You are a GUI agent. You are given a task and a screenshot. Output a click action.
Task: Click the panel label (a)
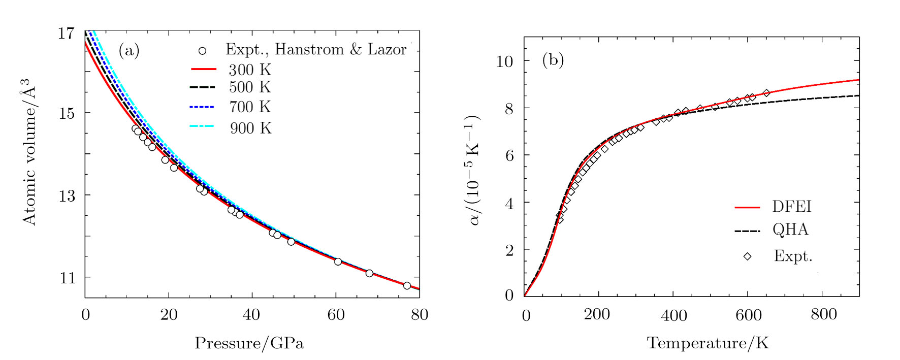click(128, 50)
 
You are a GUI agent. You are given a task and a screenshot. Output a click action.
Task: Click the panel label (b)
click(553, 60)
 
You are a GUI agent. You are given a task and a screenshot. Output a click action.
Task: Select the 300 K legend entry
click(249, 70)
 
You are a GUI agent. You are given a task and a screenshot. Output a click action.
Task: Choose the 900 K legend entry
click(250, 128)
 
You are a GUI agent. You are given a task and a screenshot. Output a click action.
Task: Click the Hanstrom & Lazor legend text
click(316, 49)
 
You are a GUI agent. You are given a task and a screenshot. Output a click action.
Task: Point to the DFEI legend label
click(792, 207)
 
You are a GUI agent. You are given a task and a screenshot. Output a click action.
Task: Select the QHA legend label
click(790, 230)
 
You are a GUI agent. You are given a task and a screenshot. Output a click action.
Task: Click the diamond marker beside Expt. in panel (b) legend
click(747, 256)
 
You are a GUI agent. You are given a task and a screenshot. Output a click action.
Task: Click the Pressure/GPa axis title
click(249, 343)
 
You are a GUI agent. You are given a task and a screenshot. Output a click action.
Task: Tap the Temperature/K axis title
click(708, 343)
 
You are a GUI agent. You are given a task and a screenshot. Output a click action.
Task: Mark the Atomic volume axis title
click(29, 151)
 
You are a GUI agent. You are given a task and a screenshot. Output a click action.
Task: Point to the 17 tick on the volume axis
click(66, 34)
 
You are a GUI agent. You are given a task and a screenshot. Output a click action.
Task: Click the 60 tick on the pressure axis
click(336, 315)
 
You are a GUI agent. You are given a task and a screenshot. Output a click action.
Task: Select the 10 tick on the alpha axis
click(504, 61)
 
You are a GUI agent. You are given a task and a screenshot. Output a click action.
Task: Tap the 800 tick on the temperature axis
click(824, 314)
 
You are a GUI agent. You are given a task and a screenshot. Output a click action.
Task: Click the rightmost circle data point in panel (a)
click(407, 286)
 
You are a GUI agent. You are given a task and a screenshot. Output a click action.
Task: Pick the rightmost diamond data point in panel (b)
click(766, 93)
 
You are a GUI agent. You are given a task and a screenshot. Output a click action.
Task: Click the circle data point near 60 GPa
click(338, 261)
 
